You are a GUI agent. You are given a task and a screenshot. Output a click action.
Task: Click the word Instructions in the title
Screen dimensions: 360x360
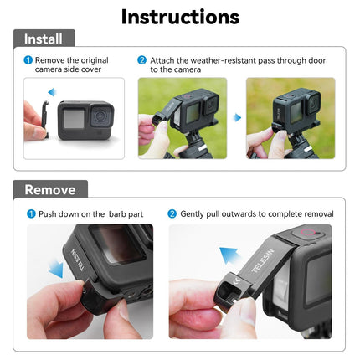[x=180, y=16]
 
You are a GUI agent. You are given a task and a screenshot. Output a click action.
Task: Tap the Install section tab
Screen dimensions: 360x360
[x=43, y=39]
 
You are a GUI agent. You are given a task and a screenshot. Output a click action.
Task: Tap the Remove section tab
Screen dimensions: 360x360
[x=49, y=189]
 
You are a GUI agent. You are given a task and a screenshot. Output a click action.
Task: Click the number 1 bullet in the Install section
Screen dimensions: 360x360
[x=28, y=60]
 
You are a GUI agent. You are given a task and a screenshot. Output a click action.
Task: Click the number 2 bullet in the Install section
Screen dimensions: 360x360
[x=142, y=60]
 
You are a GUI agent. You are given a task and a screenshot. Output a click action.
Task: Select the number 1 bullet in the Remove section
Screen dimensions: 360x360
[x=31, y=214]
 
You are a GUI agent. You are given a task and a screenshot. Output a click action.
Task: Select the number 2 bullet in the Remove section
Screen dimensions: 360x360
[x=172, y=214]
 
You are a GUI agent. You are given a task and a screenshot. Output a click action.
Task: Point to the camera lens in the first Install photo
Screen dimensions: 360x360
[x=100, y=112]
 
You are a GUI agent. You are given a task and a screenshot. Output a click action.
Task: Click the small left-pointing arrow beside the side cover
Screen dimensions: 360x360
[x=51, y=92]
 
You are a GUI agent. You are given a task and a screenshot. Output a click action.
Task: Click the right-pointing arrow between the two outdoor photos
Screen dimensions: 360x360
[x=236, y=118]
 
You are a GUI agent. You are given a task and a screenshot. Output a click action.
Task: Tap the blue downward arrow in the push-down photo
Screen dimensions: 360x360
[x=55, y=270]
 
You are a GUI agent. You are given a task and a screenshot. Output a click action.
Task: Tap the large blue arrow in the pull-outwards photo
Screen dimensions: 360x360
[x=229, y=255]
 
